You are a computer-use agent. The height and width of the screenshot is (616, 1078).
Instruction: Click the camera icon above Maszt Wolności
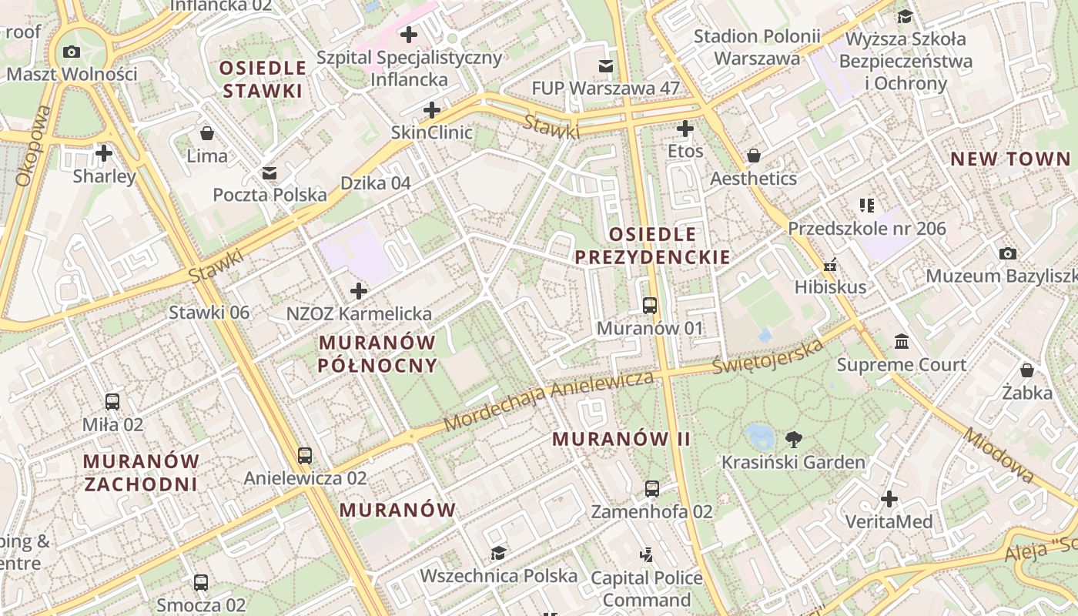[x=72, y=52]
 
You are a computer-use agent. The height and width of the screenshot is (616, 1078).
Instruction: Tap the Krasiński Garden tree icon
[x=793, y=440]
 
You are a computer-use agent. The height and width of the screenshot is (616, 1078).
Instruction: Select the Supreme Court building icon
[x=901, y=341]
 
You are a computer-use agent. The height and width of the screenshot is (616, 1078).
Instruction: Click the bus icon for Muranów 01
[x=650, y=306]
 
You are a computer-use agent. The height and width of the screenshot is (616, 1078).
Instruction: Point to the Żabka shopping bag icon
[x=1026, y=370]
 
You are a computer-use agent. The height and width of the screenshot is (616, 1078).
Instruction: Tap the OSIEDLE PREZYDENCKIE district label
[x=652, y=246]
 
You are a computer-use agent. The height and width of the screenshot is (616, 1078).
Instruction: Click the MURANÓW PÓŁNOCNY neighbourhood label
[x=377, y=353]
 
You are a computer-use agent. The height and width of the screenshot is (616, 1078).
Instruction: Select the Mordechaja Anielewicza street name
[x=548, y=400]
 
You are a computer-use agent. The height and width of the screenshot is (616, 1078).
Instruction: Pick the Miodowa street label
[x=999, y=455]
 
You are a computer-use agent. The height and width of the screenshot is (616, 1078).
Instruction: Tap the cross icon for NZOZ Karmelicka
[x=359, y=291]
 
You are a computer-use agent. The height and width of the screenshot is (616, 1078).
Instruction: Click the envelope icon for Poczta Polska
[x=269, y=173]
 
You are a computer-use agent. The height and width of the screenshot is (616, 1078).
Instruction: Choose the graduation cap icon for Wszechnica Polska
[x=498, y=553]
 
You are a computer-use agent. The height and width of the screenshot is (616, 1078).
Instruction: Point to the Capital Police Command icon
[x=647, y=554]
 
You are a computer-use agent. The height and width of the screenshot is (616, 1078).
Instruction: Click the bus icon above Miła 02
[x=112, y=401]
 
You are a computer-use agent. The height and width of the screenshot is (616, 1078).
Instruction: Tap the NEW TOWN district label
[x=1009, y=159]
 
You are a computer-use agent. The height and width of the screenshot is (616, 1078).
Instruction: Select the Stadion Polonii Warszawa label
[x=756, y=47]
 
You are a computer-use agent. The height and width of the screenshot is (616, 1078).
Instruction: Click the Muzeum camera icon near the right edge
[x=1007, y=253]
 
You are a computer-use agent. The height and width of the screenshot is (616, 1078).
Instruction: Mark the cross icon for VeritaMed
[x=889, y=499]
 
